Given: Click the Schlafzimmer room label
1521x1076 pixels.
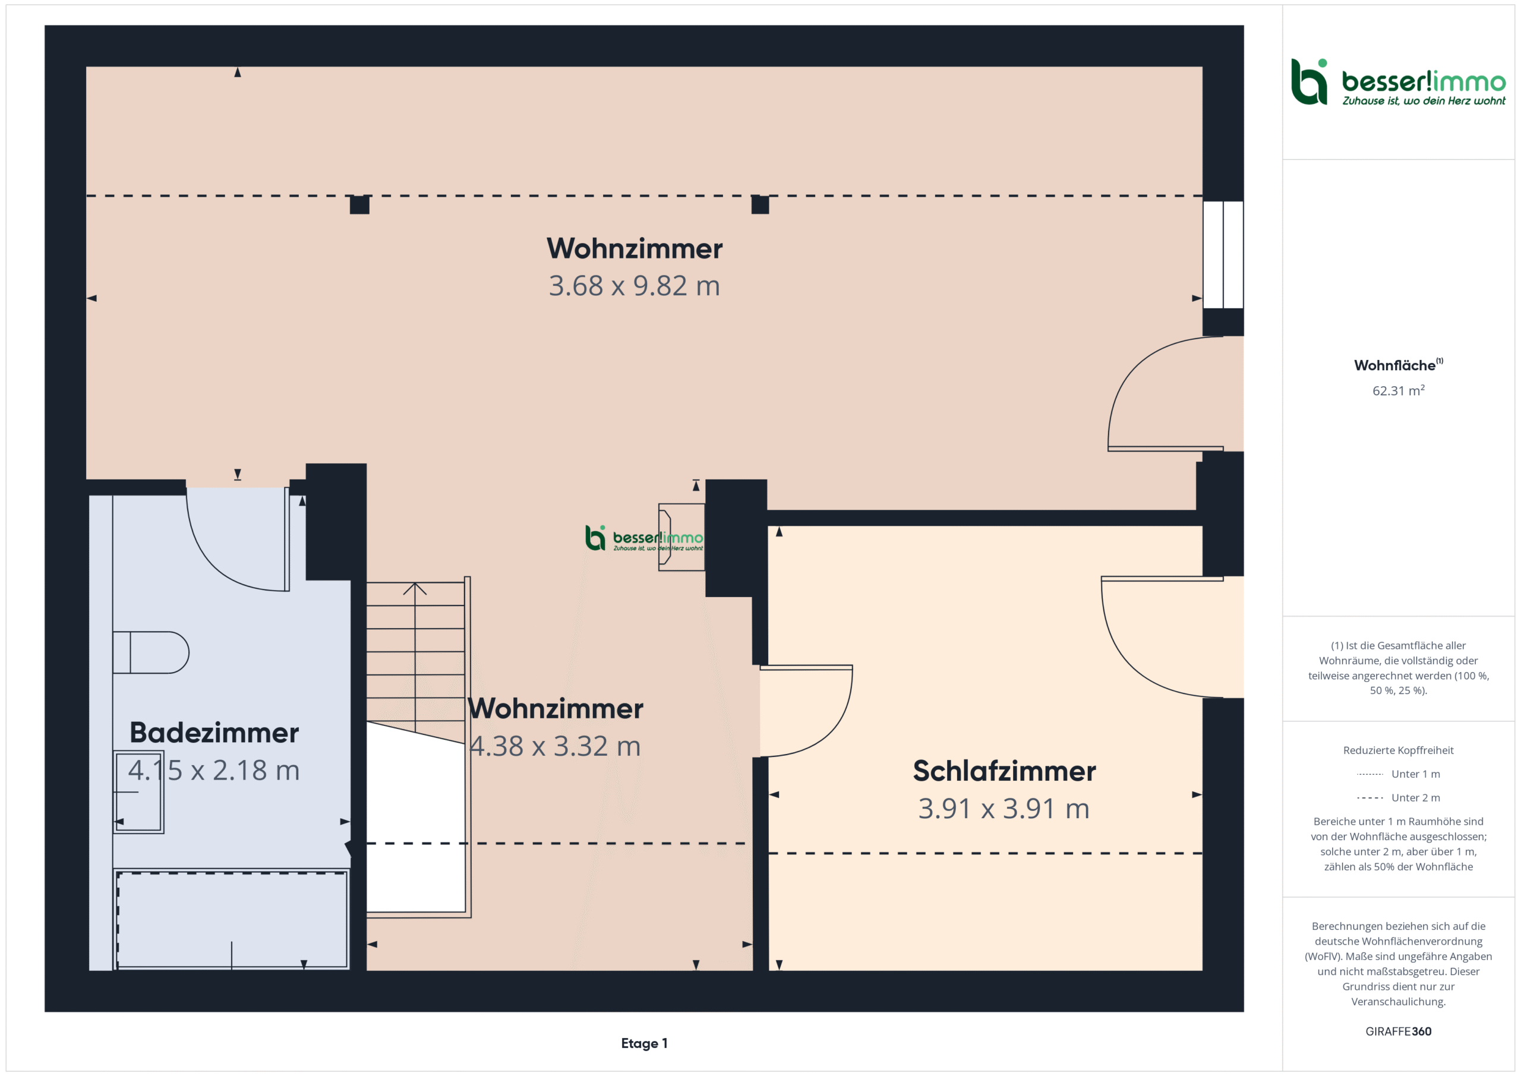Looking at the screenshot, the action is [x=1004, y=771].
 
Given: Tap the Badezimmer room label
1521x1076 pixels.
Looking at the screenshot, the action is [x=214, y=733].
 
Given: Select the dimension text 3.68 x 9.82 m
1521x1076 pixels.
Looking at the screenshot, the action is [x=634, y=286].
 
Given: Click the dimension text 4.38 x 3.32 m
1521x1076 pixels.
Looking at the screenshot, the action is [x=555, y=746].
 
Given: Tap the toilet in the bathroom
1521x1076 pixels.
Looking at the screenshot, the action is [x=150, y=652].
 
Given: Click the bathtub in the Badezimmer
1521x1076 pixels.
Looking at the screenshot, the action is [x=232, y=920].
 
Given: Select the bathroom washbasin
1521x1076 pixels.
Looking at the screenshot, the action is [x=138, y=792].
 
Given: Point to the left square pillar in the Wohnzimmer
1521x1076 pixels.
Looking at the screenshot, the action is [x=359, y=205].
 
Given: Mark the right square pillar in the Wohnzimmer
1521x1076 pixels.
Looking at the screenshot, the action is [x=760, y=205].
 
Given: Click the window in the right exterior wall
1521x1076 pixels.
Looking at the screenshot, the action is [x=1223, y=255].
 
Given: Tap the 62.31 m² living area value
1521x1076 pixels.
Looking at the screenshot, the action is [x=1398, y=390].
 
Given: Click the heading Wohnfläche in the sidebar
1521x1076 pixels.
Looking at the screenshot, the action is [x=1394, y=365].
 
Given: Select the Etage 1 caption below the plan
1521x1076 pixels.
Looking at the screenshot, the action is [x=644, y=1043].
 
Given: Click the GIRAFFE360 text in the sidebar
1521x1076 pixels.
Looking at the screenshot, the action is [x=1398, y=1031].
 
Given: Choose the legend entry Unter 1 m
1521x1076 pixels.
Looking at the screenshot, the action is [x=1398, y=774].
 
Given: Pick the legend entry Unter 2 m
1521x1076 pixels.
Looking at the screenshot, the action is [x=1398, y=798].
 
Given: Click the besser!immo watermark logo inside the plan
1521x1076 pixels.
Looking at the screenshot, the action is [x=644, y=538].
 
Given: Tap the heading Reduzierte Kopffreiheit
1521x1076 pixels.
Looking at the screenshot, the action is [x=1398, y=750].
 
